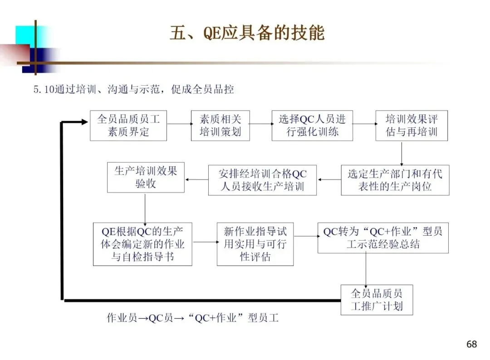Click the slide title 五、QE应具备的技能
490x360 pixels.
coord(247,34)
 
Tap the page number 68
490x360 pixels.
coord(471,344)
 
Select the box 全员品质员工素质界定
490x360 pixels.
coord(128,126)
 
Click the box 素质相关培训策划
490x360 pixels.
coord(220,126)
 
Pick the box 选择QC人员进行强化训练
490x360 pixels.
coord(312,126)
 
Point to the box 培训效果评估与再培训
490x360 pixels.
coord(412,126)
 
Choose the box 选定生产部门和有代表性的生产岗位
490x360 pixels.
coord(395,180)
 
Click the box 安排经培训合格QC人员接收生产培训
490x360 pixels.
coord(262,180)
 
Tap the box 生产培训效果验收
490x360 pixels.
coord(146,177)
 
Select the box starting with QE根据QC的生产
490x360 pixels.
coord(142,244)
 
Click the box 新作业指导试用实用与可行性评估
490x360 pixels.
coord(255,244)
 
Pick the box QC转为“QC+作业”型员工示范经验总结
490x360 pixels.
coord(382,238)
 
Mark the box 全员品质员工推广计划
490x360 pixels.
coord(377,300)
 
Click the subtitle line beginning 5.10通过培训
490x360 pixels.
coord(133,89)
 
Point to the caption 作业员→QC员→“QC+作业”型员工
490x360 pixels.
coord(192,318)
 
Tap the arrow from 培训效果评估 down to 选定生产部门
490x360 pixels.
coord(402,153)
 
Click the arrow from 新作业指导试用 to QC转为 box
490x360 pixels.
coord(305,236)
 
